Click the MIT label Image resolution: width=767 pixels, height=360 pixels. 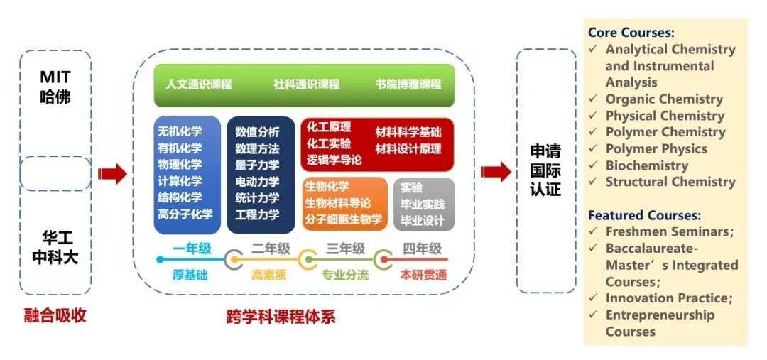pyautogui.click(x=55, y=77)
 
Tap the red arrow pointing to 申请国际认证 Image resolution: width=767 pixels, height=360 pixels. pyautogui.click(x=496, y=172)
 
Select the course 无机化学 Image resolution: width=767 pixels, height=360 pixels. pyautogui.click(x=180, y=132)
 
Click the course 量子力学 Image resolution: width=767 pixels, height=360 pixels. pyautogui.click(x=257, y=165)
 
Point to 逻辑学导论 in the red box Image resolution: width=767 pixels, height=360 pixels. pyautogui.click(x=334, y=160)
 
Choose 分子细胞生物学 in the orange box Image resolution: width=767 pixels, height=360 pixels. pyautogui.click(x=344, y=219)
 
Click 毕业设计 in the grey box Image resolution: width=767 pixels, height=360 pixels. pyautogui.click(x=423, y=220)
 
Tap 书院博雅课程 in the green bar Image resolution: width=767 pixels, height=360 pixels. pyautogui.click(x=408, y=84)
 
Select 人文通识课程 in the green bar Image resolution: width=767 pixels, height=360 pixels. pyautogui.click(x=199, y=84)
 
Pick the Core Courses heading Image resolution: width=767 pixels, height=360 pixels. pyautogui.click(x=631, y=33)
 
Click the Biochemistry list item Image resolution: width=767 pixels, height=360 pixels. pyautogui.click(x=646, y=165)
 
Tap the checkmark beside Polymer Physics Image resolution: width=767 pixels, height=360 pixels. pyautogui.click(x=593, y=149)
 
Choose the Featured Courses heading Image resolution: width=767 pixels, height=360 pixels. pyautogui.click(x=644, y=215)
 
